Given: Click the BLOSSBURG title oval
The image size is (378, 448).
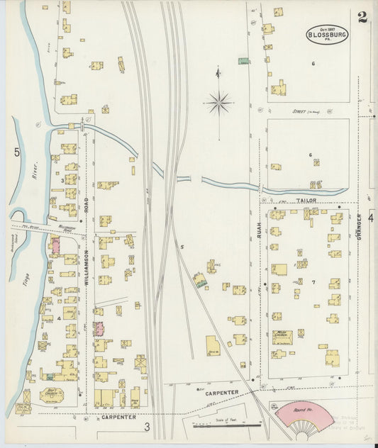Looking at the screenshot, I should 327,34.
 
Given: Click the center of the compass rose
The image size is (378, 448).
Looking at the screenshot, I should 219,104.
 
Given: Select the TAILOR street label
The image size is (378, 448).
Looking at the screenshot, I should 306,201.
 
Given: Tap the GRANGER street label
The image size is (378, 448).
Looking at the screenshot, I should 360,227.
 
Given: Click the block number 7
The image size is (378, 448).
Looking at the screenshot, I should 313,281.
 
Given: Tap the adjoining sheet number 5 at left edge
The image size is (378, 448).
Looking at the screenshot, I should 16,151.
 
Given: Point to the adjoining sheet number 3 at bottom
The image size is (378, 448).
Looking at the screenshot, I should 148,426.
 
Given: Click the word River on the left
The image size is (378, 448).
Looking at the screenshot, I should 33,170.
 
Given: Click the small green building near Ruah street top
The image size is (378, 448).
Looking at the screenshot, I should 243,61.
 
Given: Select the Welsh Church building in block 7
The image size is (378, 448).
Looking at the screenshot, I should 282,337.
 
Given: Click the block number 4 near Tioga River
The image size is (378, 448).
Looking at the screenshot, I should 60,317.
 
